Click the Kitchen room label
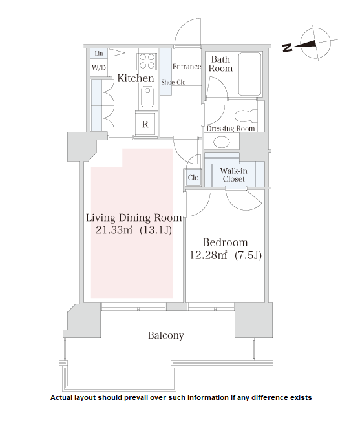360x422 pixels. tap(136, 78)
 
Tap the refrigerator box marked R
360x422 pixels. tap(145, 124)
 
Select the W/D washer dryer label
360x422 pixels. tap(99, 68)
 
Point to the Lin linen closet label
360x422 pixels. tap(99, 53)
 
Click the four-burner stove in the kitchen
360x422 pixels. tap(147, 61)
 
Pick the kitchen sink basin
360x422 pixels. tap(147, 97)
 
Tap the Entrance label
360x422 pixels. tap(187, 67)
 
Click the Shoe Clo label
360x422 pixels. tap(173, 82)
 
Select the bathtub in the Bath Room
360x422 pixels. tap(250, 74)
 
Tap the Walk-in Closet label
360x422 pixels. tap(234, 175)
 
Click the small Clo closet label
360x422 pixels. tap(193, 178)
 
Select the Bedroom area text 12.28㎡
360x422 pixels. tap(209, 255)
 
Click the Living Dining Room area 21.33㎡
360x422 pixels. tap(114, 230)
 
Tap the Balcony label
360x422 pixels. tap(166, 335)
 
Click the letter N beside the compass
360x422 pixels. tap(288, 48)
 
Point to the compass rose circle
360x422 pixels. tap(316, 43)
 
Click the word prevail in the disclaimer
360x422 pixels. tap(135, 398)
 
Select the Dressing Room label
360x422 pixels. tap(231, 129)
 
